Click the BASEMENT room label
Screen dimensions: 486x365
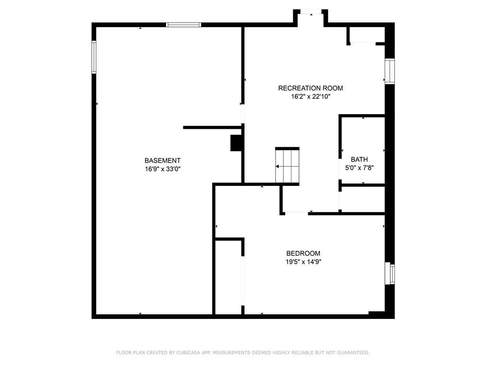tap(162, 161)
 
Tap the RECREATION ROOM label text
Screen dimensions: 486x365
tap(310, 88)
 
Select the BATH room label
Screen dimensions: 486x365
tap(359, 160)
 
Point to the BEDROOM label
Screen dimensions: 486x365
tap(303, 253)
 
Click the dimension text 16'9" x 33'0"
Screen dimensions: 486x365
tap(162, 169)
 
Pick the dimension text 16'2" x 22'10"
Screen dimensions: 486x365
tap(310, 96)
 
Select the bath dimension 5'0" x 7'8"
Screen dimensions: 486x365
tap(359, 168)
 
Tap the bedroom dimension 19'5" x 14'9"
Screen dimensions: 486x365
tap(303, 262)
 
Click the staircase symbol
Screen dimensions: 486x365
tap(287, 166)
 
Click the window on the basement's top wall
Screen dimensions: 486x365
tap(184, 25)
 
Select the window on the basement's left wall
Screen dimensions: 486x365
tap(94, 57)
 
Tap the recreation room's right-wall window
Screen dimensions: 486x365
tap(390, 71)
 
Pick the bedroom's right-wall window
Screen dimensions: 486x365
tap(390, 273)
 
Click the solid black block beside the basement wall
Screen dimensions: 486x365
tap(236, 143)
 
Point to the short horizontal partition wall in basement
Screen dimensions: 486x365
tap(213, 127)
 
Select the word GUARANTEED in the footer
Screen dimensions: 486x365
tap(353, 353)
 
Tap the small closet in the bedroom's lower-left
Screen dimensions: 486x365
tap(228, 277)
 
